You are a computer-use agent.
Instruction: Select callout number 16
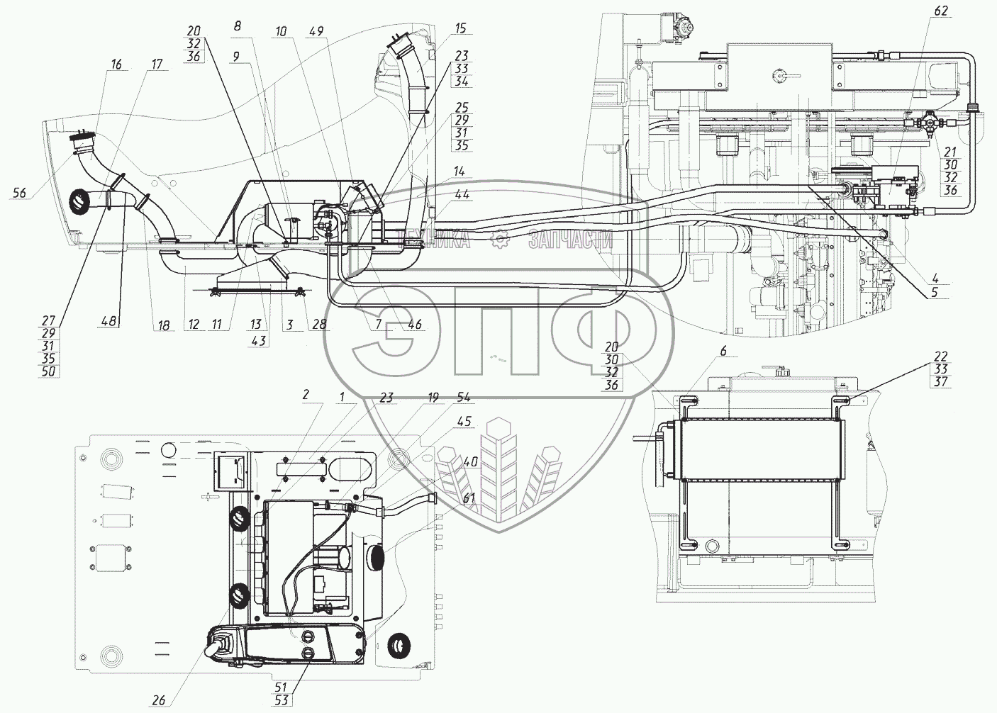click(x=116, y=65)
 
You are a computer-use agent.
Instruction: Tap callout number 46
click(x=415, y=325)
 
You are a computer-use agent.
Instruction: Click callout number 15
click(x=461, y=28)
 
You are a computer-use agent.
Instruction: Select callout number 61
click(x=469, y=498)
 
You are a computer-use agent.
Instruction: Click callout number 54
click(x=463, y=398)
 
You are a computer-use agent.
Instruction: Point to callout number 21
click(x=951, y=152)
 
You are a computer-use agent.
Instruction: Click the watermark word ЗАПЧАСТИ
click(x=570, y=242)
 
